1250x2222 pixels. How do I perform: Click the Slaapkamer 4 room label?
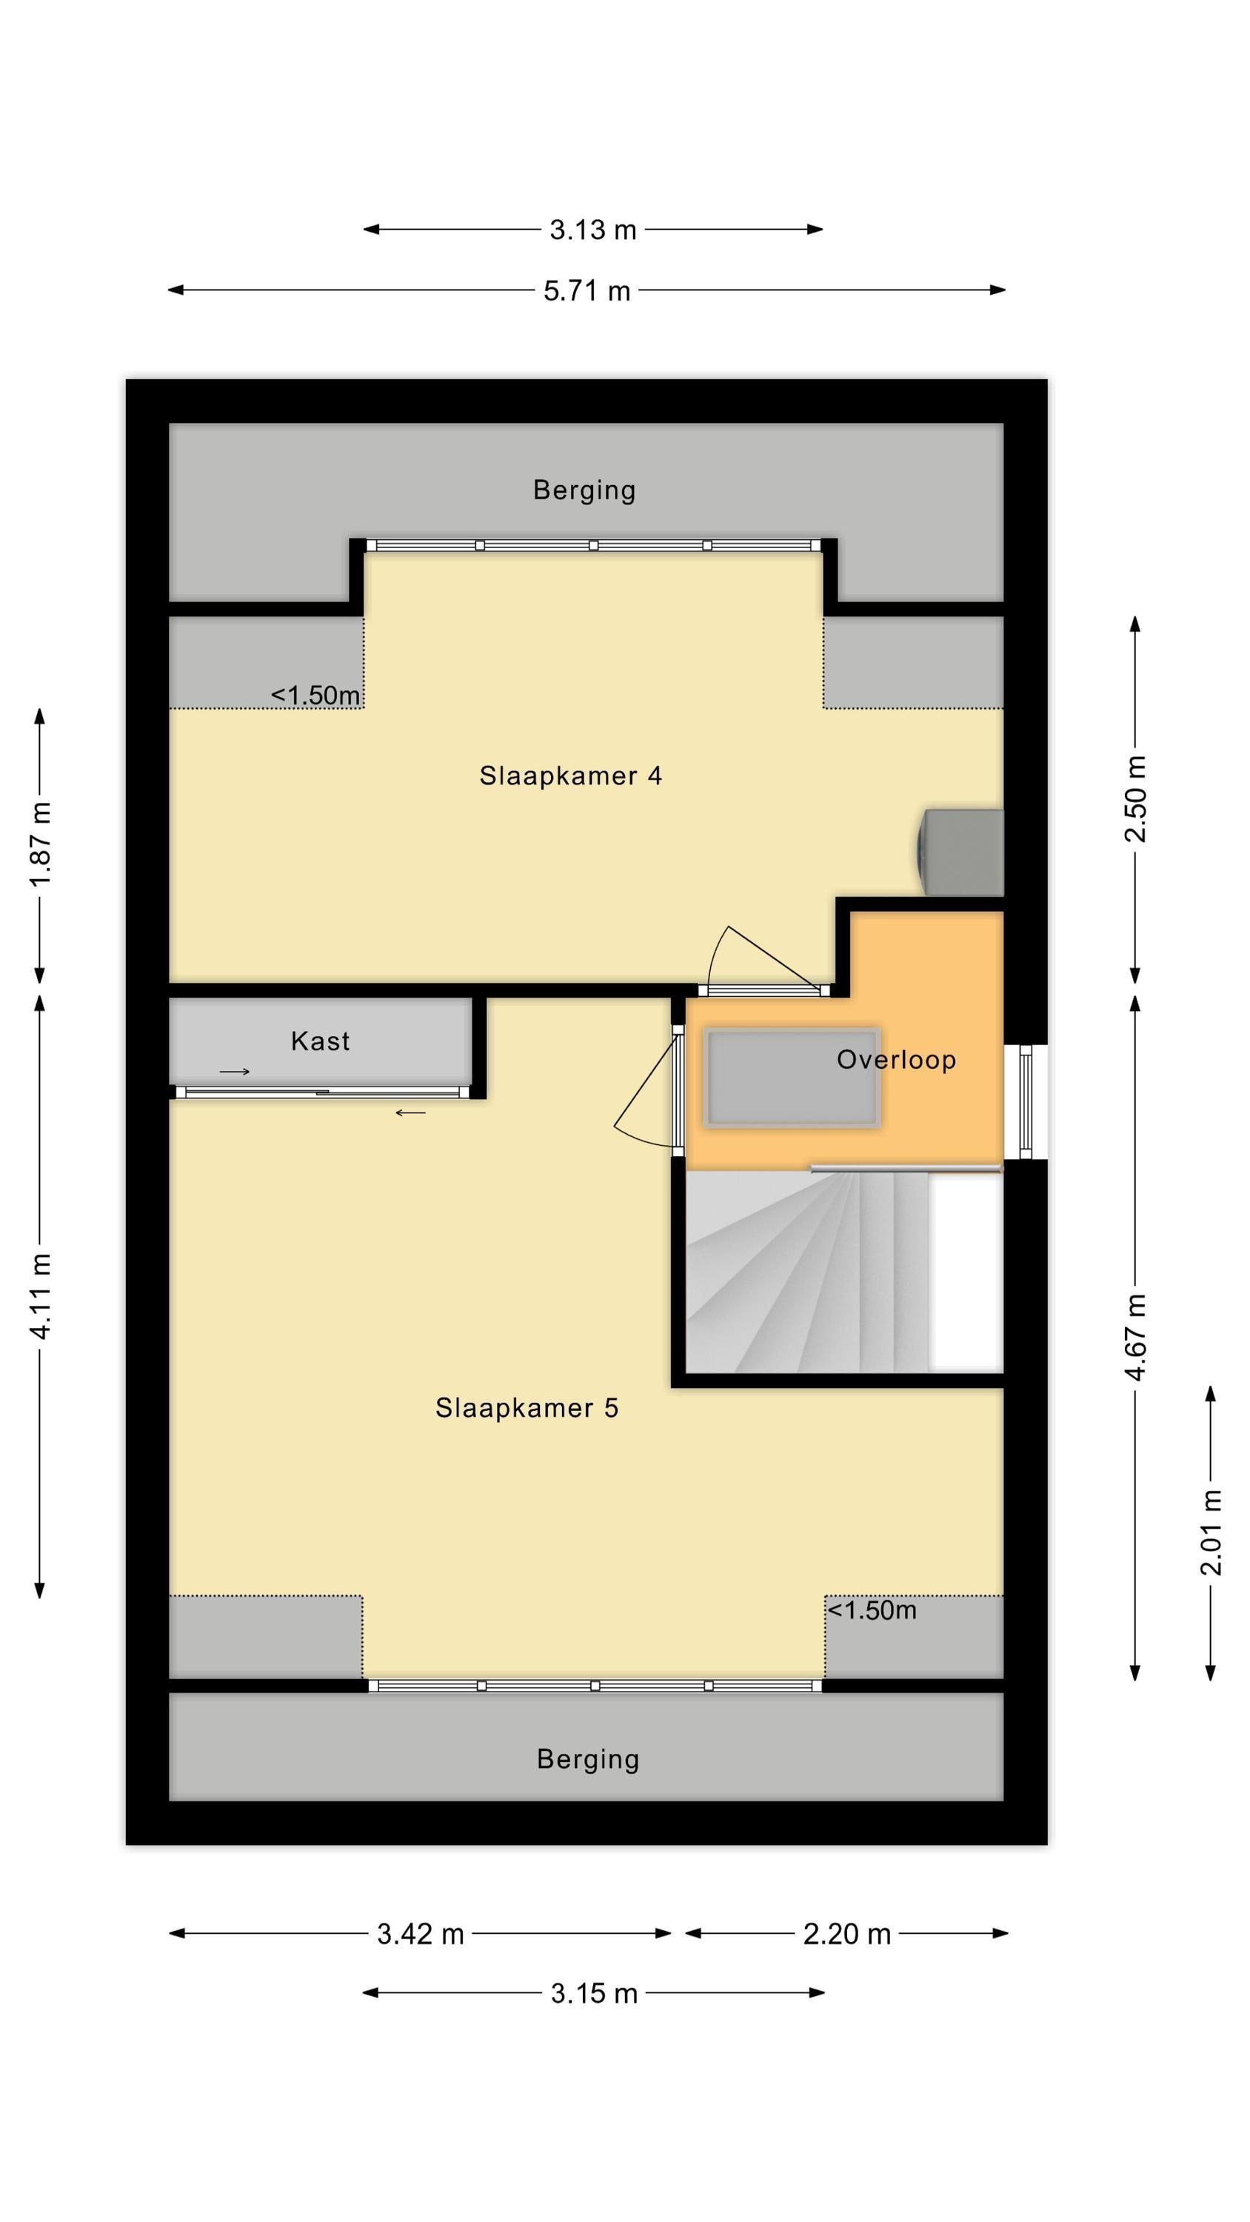tap(570, 775)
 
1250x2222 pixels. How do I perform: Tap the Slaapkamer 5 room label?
tap(527, 1408)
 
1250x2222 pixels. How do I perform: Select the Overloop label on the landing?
tap(896, 1059)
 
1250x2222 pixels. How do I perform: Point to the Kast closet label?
tap(320, 1041)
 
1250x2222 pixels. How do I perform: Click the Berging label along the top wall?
tap(584, 490)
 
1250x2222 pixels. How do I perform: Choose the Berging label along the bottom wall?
tap(587, 1759)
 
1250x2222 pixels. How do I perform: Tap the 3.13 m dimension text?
tap(592, 230)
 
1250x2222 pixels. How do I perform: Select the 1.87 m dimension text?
tap(41, 844)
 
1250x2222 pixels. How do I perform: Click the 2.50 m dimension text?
tap(1136, 798)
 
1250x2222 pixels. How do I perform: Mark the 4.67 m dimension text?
tap(1136, 1337)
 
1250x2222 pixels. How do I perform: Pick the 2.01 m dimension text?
tap(1211, 1532)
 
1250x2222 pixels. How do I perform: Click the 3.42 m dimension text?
tap(420, 1934)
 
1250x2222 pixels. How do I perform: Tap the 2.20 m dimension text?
tap(846, 1934)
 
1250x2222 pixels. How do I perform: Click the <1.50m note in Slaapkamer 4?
tap(315, 695)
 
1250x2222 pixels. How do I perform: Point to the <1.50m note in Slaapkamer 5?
tap(872, 1610)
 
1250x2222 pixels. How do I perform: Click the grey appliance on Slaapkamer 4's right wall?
tap(960, 853)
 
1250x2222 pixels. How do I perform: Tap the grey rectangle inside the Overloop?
tap(791, 1078)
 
